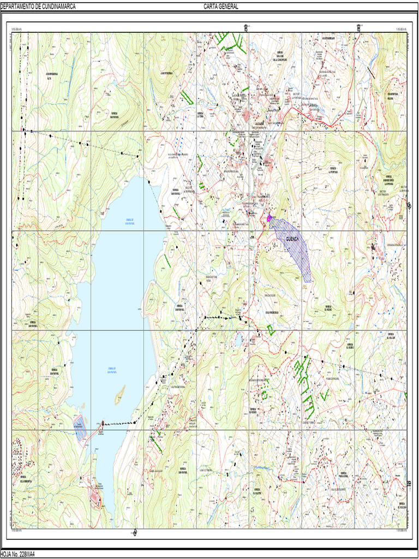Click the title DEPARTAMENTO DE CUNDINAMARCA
[38, 7]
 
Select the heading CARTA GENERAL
[221, 7]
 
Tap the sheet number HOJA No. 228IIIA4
[18, 554]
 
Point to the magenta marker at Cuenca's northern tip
[269, 218]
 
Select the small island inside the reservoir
[119, 391]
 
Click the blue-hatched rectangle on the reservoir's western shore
[80, 427]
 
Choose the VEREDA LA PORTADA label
[333, 169]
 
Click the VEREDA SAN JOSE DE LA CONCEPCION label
[281, 57]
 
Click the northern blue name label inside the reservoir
[129, 221]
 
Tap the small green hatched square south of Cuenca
[270, 329]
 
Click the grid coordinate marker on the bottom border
[135, 532]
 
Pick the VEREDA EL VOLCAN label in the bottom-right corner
[402, 505]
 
